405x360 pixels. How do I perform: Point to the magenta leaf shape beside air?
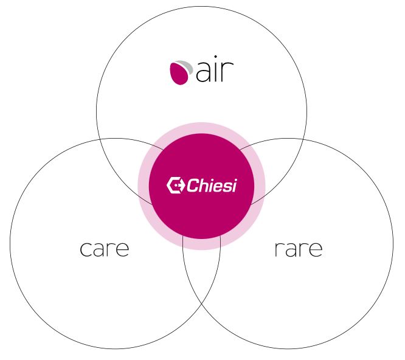coord(178,74)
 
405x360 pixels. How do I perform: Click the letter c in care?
coord(86,249)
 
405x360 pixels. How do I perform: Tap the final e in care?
coord(122,249)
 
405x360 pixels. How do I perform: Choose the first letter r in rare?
coord(278,249)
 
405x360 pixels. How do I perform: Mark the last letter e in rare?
coord(315,249)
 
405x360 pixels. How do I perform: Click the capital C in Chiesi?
coord(193,185)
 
